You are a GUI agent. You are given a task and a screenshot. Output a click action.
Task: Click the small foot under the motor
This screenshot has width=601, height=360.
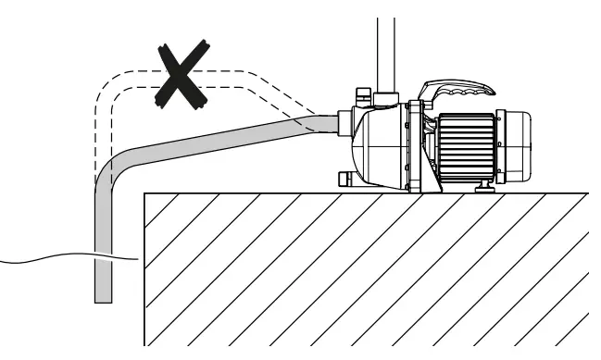click(x=482, y=187)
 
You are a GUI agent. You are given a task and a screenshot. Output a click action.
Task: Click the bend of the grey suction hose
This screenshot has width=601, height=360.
click(x=110, y=170)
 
